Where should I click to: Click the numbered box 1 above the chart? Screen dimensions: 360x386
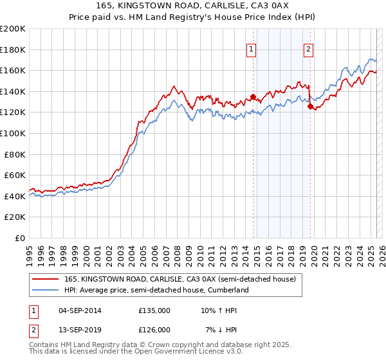click(251, 49)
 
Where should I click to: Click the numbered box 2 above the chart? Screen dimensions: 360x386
click(309, 49)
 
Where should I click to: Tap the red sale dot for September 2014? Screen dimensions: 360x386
click(253, 97)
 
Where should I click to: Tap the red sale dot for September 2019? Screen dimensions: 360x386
click(310, 107)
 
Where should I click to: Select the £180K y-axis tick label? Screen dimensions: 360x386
click(14, 50)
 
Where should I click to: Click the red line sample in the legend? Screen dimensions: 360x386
click(47, 279)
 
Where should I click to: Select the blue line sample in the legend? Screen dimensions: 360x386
click(47, 290)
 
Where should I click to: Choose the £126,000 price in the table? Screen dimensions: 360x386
click(154, 330)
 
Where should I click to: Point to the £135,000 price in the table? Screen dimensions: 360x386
click(154, 311)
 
